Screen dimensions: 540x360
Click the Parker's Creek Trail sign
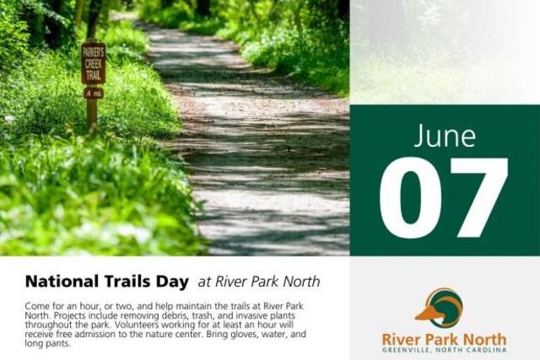coord(94,64)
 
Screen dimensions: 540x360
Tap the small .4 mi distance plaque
coord(94,93)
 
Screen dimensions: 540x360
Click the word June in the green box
coord(445,136)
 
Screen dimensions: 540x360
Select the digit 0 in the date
coord(410,198)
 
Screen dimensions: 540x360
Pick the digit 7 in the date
coord(479,198)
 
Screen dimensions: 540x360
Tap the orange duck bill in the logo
coord(426,314)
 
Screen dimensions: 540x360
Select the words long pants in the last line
coord(47,344)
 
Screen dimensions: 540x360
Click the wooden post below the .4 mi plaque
coord(92,114)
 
